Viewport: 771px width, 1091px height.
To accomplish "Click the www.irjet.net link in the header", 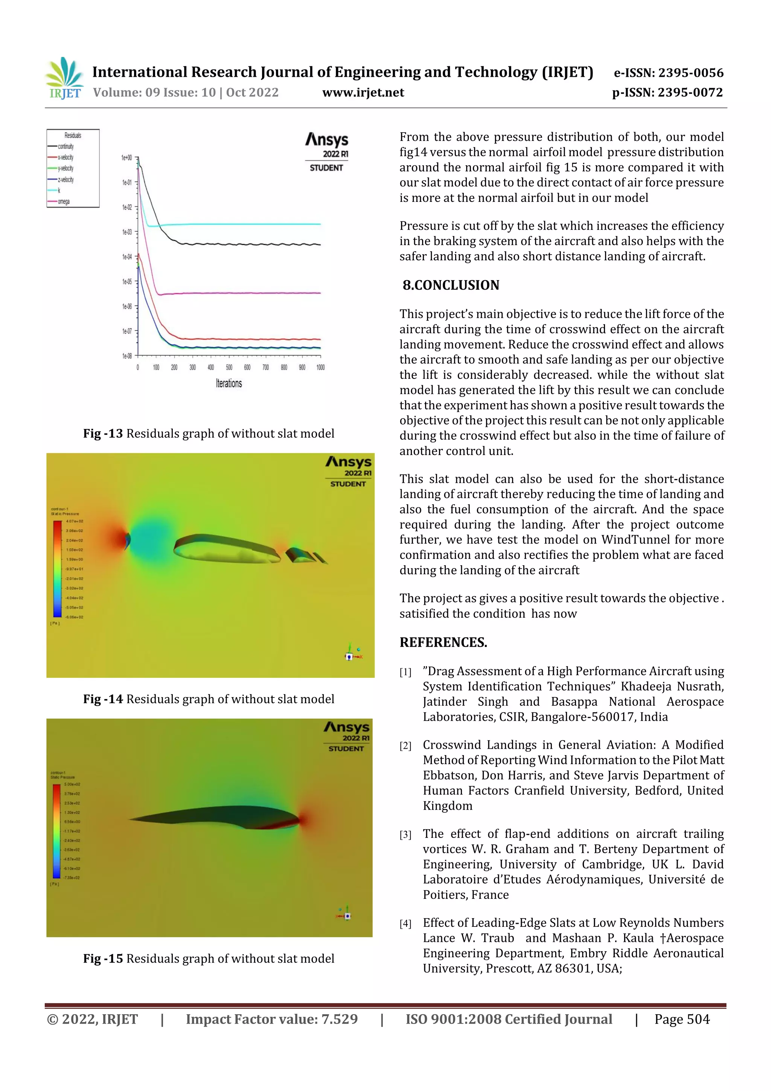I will coord(363,93).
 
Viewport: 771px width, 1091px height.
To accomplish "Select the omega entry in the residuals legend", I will coord(63,201).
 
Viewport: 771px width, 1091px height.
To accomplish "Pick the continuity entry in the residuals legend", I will coord(65,146).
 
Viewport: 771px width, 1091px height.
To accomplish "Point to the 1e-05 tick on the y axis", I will coord(127,282).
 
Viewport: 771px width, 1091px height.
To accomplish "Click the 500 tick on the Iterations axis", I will coord(229,367).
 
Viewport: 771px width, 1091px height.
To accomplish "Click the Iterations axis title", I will coord(229,383).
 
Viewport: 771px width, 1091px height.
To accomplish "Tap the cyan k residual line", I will coord(238,224).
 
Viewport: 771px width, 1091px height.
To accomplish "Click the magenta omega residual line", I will coord(238,293).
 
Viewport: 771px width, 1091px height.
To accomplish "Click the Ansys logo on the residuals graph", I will coord(326,140).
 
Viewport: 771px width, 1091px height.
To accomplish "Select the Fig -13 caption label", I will coord(103,433).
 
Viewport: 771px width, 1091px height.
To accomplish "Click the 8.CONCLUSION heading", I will coord(451,285).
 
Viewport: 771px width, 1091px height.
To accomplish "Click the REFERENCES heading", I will coord(443,642).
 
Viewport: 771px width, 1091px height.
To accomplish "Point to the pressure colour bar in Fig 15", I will coord(56,831).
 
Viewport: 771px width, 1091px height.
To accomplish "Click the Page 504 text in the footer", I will coord(682,1019).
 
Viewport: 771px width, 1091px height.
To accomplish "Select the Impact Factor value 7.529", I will coord(339,1019).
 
